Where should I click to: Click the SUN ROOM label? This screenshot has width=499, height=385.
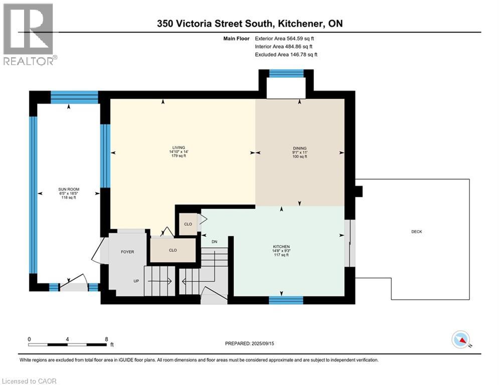69,189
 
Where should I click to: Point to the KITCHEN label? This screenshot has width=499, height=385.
281,247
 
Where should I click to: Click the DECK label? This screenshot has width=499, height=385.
417,232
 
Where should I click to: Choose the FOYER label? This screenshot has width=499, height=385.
127,252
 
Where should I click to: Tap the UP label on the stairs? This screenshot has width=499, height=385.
136,281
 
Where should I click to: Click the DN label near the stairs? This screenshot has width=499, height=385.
215,242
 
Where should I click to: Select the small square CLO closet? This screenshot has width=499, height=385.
188,224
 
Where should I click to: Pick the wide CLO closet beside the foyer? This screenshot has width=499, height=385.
173,250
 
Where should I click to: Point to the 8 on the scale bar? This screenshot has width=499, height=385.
106,339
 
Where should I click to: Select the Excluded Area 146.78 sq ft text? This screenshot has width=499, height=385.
286,55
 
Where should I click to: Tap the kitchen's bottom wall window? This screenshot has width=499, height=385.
286,300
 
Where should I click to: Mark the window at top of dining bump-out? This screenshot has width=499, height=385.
286,73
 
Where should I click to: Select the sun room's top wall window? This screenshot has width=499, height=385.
74,97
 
